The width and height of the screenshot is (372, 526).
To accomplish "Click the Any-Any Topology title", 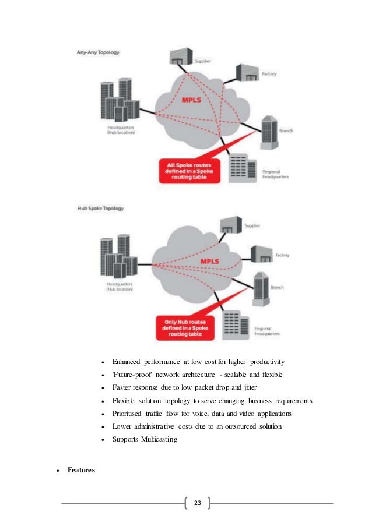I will click(x=98, y=52).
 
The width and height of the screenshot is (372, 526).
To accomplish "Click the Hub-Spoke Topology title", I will click(x=100, y=208).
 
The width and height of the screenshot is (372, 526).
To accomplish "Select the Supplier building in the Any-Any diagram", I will click(x=180, y=57).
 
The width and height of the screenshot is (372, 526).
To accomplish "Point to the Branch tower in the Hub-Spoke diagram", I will click(x=261, y=286).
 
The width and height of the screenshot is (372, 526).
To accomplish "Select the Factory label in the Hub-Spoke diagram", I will click(x=282, y=256).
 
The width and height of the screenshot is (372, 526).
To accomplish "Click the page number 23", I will click(x=197, y=503).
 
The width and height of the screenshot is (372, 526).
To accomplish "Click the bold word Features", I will click(x=81, y=470).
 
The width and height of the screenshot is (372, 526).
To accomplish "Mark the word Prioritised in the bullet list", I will click(x=130, y=413).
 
